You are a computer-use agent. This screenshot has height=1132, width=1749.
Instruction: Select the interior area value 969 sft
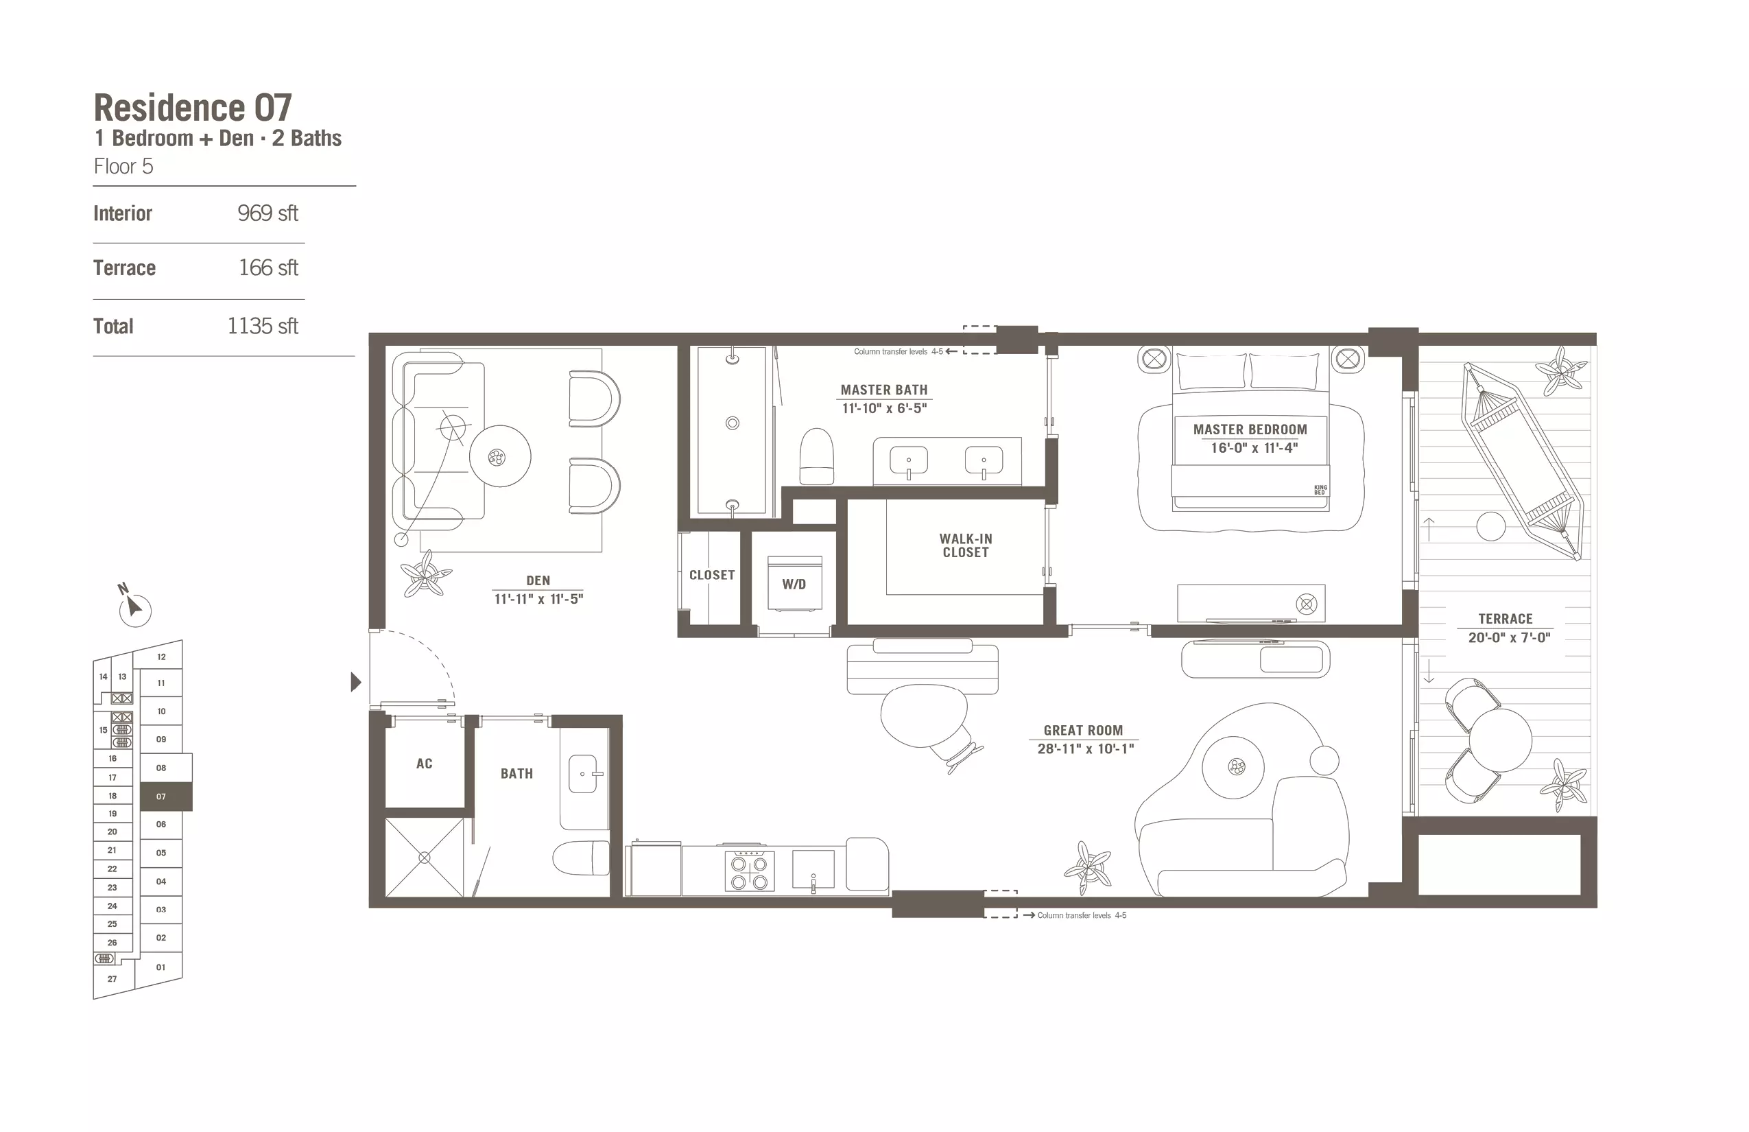click(267, 213)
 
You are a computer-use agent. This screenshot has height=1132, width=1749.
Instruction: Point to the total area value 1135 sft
click(262, 326)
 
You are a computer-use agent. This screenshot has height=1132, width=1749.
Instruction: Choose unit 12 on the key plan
click(161, 657)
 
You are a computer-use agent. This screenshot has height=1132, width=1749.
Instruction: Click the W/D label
click(794, 585)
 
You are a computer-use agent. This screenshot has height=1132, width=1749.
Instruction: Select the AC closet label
click(424, 764)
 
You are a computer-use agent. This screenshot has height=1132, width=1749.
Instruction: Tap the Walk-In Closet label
click(966, 545)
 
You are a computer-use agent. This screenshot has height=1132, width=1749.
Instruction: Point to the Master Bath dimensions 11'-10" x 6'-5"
click(884, 408)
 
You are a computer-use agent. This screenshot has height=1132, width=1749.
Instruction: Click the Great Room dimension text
click(1085, 748)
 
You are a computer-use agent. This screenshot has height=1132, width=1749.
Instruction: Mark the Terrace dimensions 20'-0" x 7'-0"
click(1509, 637)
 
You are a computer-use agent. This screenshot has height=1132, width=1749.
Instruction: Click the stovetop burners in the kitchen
click(749, 872)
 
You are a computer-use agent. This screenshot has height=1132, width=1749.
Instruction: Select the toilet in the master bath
click(816, 456)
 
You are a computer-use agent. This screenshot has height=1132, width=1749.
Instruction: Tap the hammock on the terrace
click(1522, 461)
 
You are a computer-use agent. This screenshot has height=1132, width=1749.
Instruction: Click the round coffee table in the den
click(500, 456)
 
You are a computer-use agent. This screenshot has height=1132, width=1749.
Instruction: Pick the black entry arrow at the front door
click(356, 682)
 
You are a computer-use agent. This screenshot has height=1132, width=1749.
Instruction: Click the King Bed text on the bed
click(1320, 490)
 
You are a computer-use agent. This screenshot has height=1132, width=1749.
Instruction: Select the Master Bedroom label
click(1250, 429)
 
